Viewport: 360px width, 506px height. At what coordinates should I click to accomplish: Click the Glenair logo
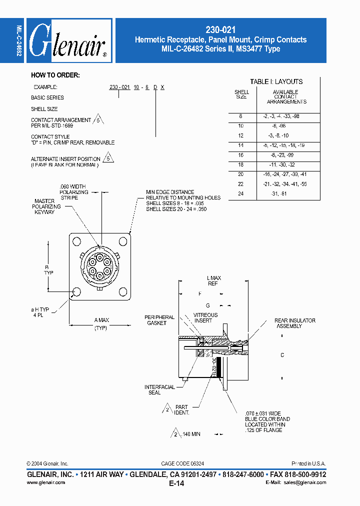69,41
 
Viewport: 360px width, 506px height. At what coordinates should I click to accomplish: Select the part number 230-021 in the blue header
220,30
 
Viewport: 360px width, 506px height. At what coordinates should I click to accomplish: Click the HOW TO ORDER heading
55,75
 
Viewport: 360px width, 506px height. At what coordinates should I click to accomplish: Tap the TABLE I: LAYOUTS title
276,81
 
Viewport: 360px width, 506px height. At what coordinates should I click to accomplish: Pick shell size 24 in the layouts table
241,193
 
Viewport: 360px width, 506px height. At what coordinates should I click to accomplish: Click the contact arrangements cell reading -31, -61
278,193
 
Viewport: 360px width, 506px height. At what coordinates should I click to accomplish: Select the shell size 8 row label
240,116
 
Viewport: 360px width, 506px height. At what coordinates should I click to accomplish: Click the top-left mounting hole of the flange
76,242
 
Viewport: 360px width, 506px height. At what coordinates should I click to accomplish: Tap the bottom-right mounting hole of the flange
123,292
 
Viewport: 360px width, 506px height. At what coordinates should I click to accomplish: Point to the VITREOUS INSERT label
205,317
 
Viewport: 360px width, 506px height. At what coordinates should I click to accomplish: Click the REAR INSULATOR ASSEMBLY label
294,323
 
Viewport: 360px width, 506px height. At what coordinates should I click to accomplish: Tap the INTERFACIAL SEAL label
159,389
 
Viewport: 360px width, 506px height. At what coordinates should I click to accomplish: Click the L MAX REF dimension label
213,280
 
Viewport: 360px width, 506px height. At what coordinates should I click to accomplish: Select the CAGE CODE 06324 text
182,463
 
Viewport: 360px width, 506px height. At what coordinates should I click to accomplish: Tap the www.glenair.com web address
45,482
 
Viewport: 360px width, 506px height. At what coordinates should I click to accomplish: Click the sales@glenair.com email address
304,482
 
